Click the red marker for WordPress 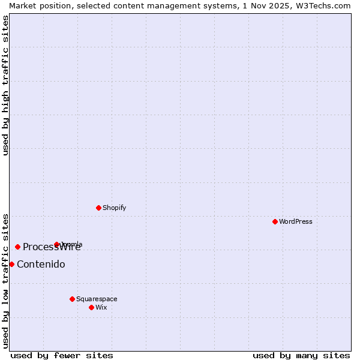(x=275, y=221)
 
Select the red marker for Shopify (x=98, y=208)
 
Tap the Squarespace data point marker (x=72, y=299)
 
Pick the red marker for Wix (x=91, y=307)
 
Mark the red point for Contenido (x=11, y=264)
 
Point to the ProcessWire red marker (x=17, y=247)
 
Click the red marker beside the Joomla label (x=56, y=244)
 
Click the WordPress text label (x=296, y=221)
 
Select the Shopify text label (x=114, y=208)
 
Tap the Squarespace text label (x=97, y=299)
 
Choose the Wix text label (x=101, y=307)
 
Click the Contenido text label (x=41, y=264)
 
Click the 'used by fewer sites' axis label (x=62, y=355)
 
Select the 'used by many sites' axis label (x=301, y=355)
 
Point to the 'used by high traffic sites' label (x=5, y=85)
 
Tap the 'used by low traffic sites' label (x=5, y=281)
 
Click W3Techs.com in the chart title (x=326, y=5)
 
